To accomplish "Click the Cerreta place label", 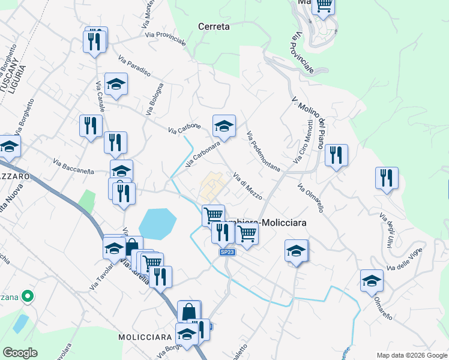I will [214, 26].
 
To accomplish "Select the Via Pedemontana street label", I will [263, 152].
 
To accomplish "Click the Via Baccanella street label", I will [74, 167].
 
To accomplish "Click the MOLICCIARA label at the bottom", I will [145, 337].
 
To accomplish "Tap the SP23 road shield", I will [226, 252].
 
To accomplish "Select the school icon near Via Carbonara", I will [224, 126].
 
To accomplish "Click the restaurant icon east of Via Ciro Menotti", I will [336, 155].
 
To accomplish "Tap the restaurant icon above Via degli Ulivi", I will [387, 178].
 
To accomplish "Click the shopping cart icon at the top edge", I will [324, 5].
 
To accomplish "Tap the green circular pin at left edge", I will [26, 296].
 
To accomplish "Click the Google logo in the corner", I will [20, 353].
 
